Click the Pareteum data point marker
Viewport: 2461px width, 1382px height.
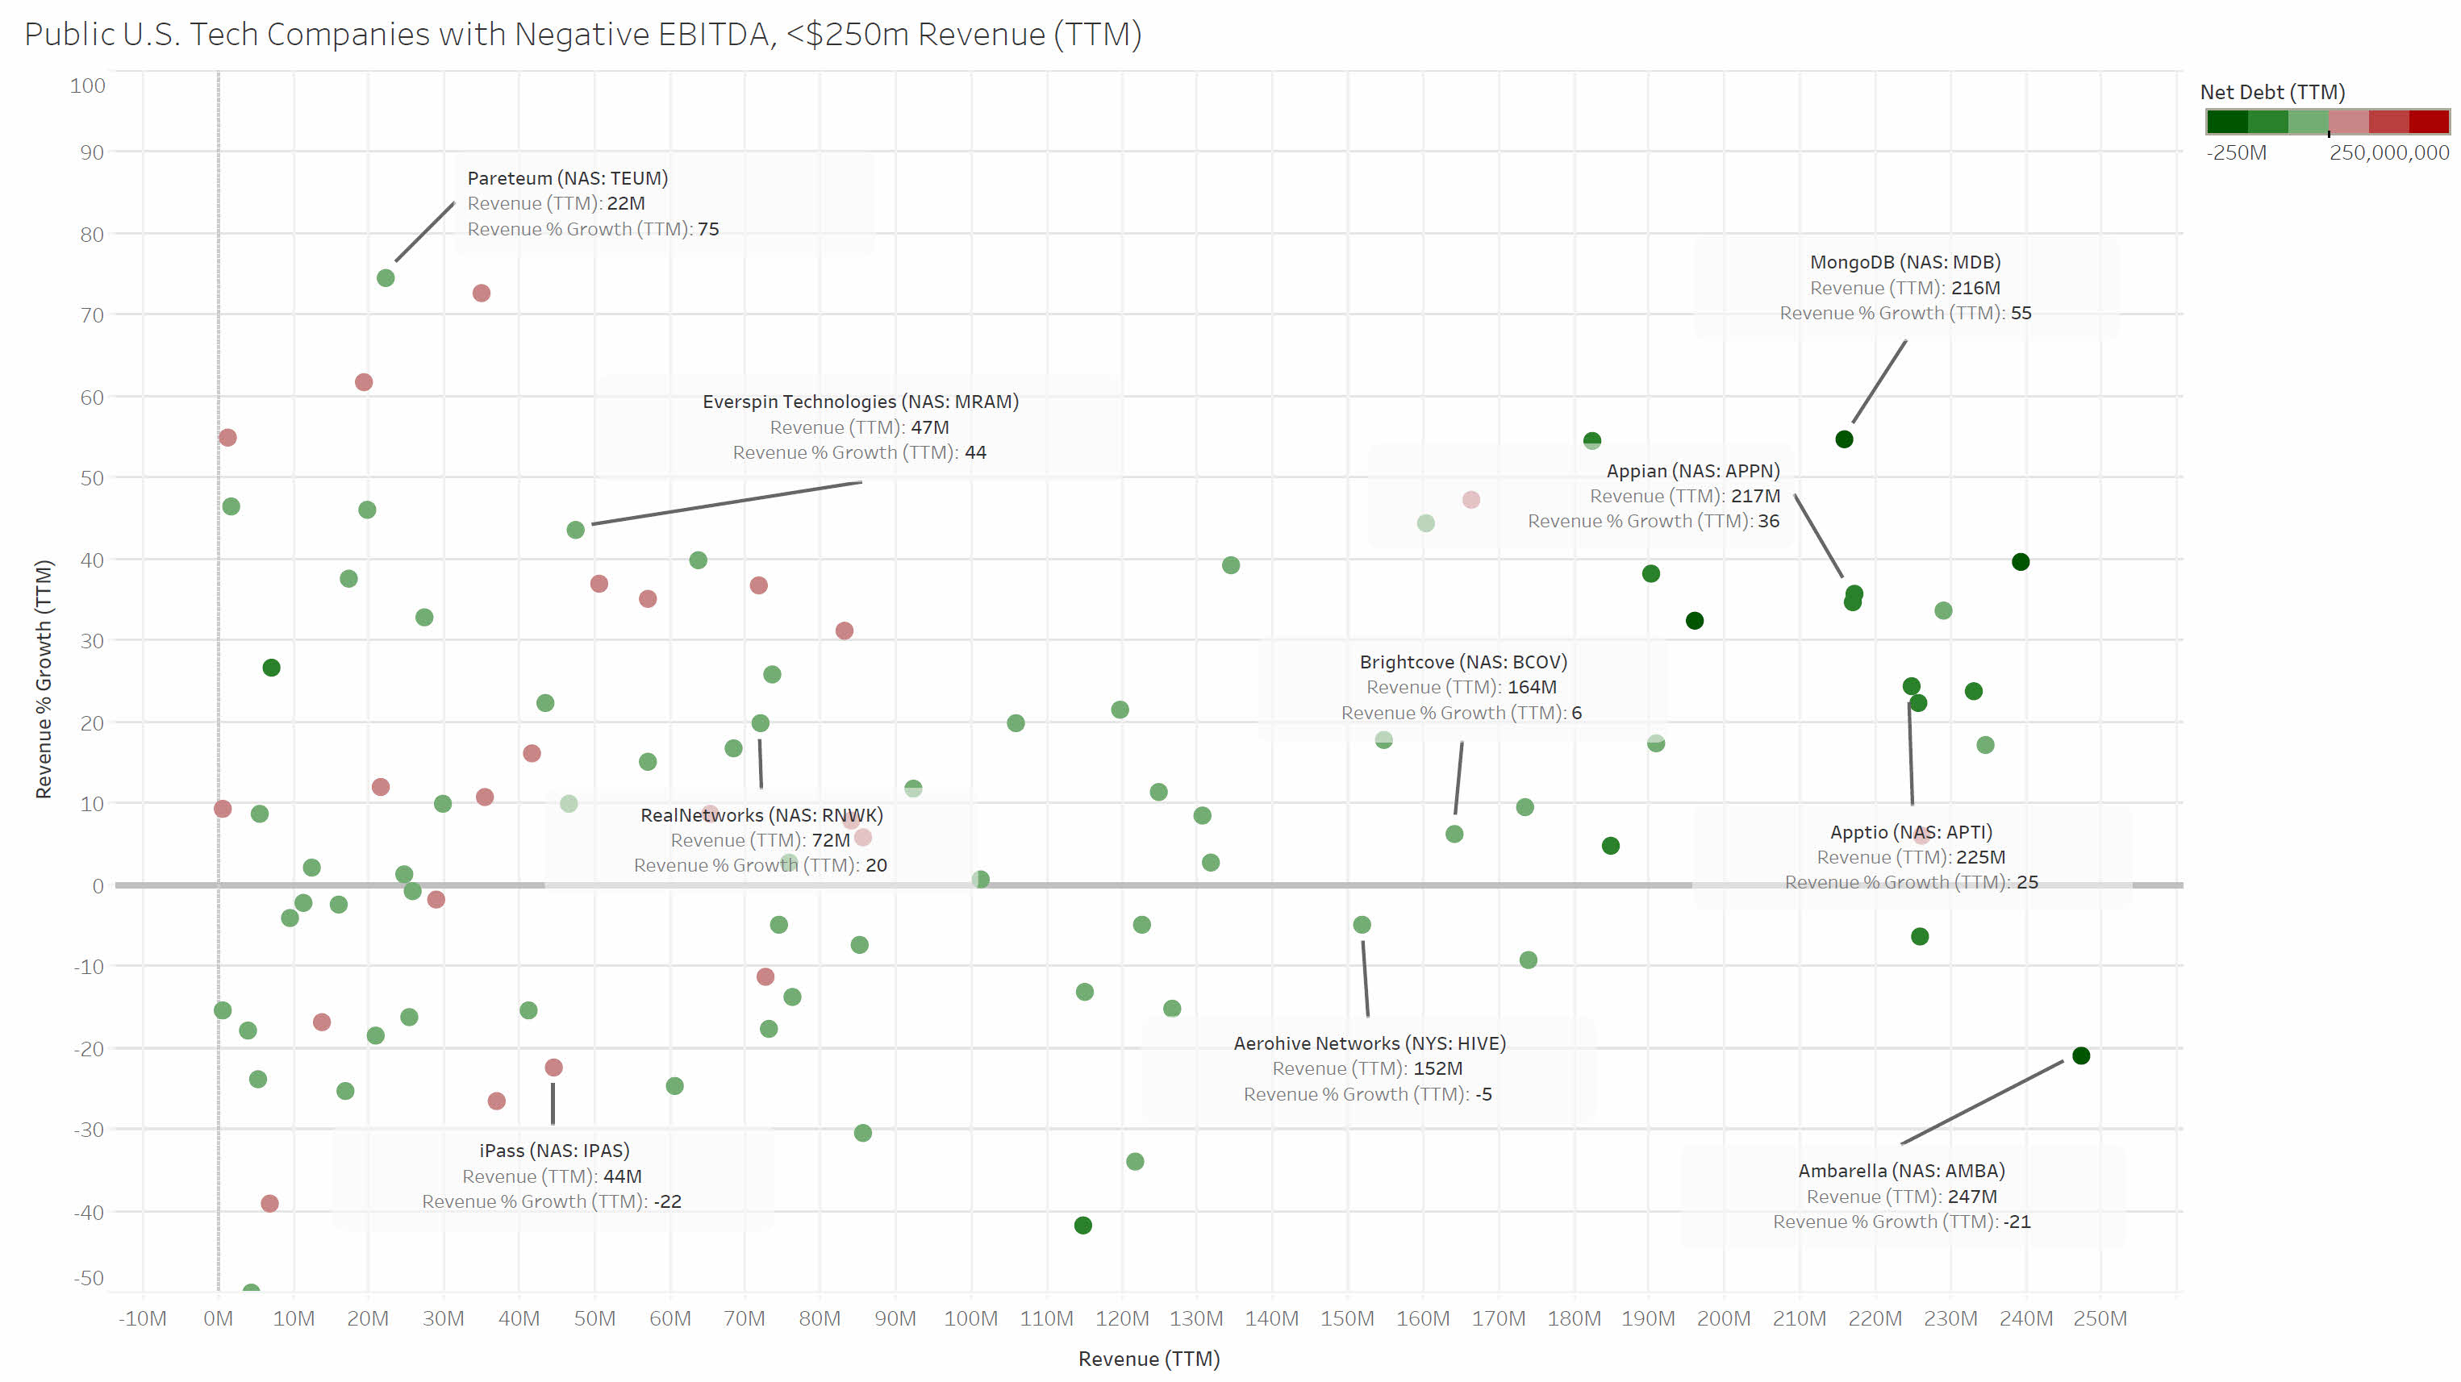pyautogui.click(x=386, y=278)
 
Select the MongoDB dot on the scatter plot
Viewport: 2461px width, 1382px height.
pyautogui.click(x=1844, y=439)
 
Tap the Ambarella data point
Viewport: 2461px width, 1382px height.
pyautogui.click(x=2081, y=1055)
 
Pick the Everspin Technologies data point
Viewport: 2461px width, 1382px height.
pyautogui.click(x=575, y=530)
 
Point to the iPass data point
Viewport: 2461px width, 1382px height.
pyautogui.click(x=553, y=1067)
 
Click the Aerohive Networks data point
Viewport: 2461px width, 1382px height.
pyautogui.click(x=1362, y=925)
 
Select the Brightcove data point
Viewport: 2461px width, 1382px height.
pyautogui.click(x=1454, y=834)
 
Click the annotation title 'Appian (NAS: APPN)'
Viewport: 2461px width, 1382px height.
pyautogui.click(x=1693, y=471)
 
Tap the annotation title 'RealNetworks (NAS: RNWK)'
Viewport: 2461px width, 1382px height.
pyautogui.click(x=761, y=814)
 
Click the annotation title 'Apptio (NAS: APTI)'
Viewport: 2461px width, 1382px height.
pyautogui.click(x=1911, y=832)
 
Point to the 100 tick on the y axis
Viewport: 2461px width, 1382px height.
pyautogui.click(x=88, y=86)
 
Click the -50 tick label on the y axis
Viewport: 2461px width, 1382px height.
pyautogui.click(x=89, y=1278)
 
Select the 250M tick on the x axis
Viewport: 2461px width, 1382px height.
pyautogui.click(x=2099, y=1319)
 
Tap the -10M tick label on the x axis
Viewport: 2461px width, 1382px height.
pyautogui.click(x=142, y=1319)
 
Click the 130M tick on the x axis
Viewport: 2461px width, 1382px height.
pyautogui.click(x=1196, y=1319)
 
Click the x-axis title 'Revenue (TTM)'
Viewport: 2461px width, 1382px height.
pyautogui.click(x=1149, y=1359)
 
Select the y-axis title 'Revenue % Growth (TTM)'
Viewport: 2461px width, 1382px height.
pyautogui.click(x=44, y=679)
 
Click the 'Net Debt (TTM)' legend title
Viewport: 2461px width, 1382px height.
pyautogui.click(x=2271, y=93)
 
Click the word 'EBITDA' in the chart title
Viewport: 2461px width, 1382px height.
pyautogui.click(x=715, y=35)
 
